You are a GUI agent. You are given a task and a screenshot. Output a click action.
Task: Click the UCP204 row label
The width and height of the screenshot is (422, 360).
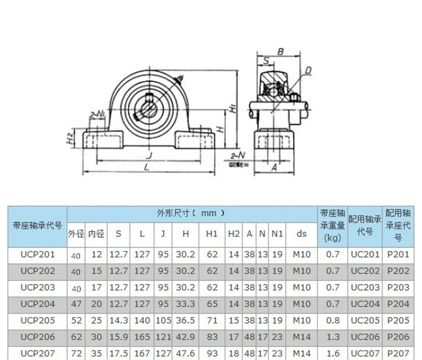pos(37,304)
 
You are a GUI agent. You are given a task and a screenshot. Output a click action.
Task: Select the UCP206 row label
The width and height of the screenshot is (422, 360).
pos(37,336)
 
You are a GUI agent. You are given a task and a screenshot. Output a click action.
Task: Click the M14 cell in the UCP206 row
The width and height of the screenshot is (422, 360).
pos(302,336)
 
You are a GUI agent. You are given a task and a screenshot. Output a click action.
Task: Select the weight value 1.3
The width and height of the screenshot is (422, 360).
pos(333,336)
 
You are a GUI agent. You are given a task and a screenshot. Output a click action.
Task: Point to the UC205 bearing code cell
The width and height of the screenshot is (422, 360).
pos(365,320)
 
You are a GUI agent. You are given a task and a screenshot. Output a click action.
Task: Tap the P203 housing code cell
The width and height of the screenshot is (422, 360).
pos(398,287)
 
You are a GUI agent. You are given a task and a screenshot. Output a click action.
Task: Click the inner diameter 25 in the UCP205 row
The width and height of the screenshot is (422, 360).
pos(96,320)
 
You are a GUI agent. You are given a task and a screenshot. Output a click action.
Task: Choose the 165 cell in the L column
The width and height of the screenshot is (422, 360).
pos(142,336)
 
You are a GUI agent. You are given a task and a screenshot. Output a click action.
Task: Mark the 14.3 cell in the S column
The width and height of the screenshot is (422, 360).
pos(118,320)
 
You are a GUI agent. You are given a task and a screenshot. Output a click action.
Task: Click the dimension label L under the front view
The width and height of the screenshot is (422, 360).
pos(146,168)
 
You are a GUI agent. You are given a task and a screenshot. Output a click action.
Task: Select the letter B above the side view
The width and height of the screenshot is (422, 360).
pos(280,52)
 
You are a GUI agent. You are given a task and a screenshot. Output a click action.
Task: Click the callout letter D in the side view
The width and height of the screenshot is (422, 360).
pos(308,70)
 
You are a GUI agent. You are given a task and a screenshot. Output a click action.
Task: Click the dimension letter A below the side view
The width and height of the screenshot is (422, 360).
pos(274,167)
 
